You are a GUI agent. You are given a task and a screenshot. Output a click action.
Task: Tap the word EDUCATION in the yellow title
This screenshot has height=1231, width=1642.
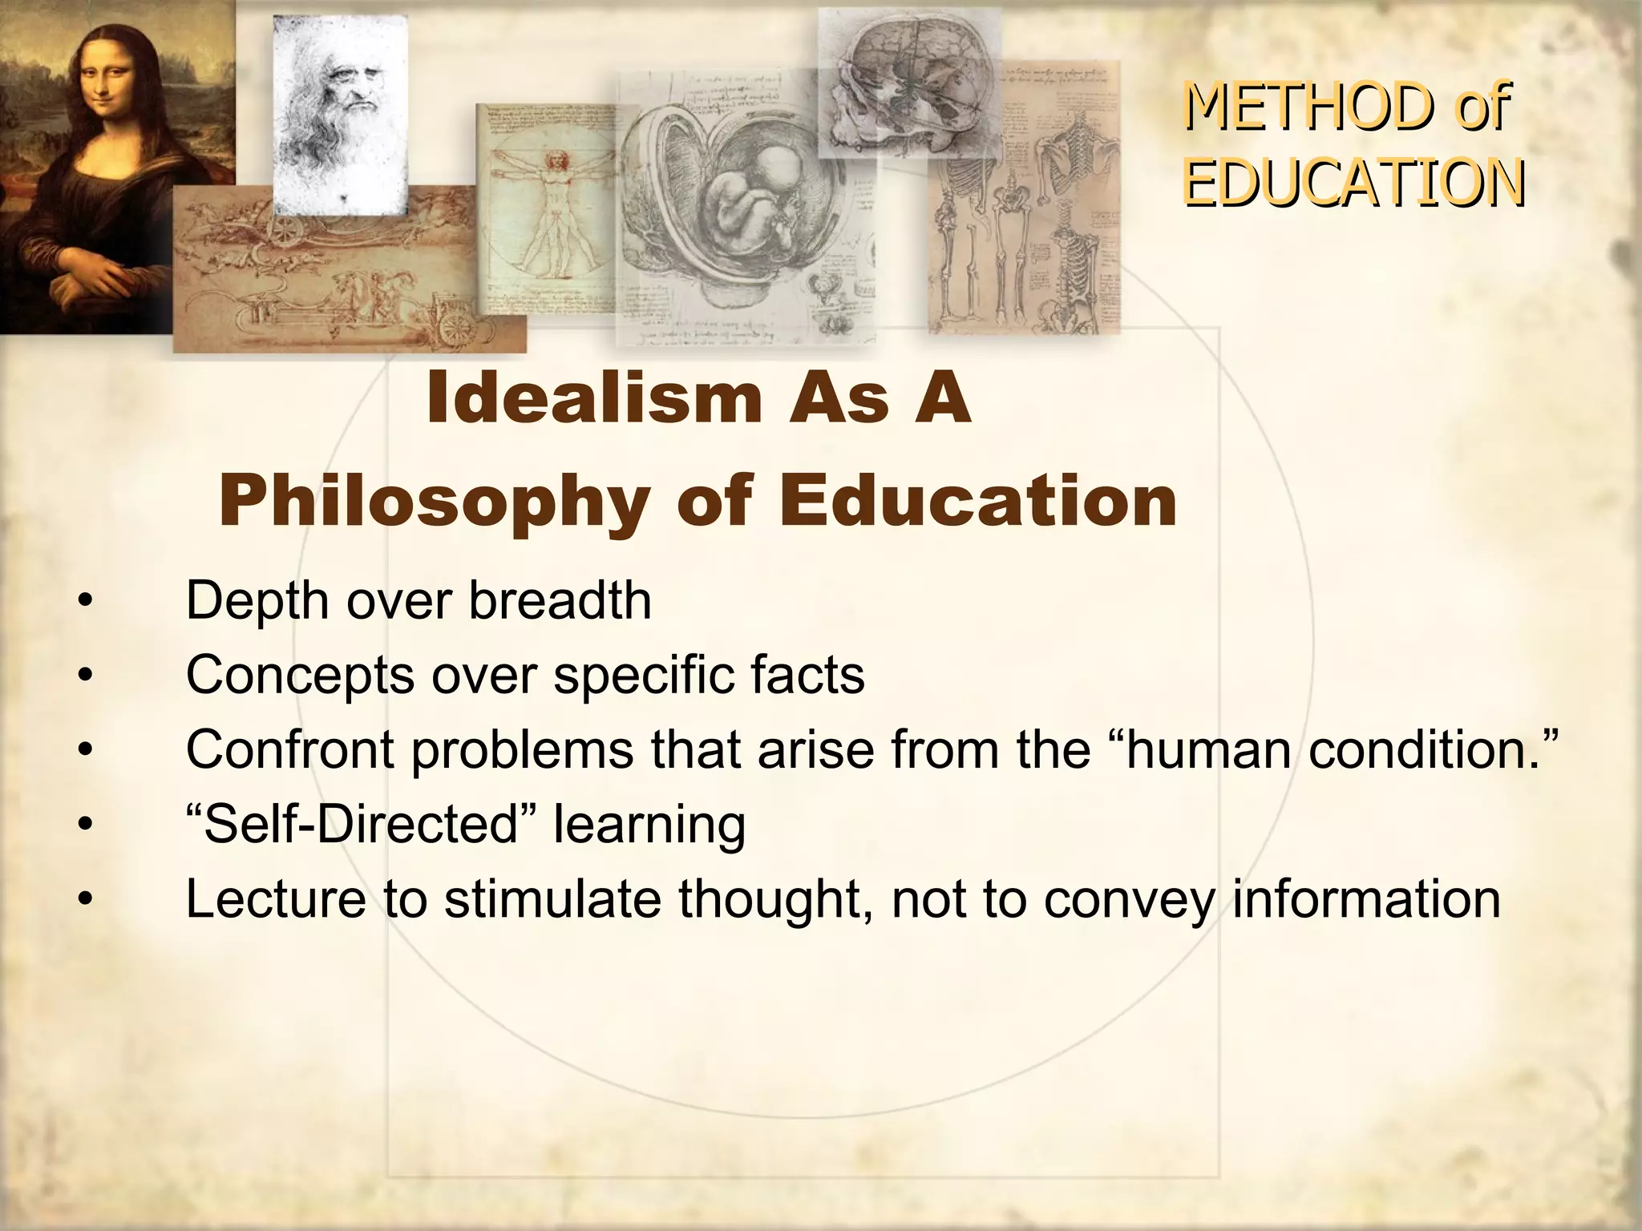click(x=1354, y=183)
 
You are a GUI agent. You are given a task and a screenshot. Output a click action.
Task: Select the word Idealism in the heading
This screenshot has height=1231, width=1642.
click(x=592, y=398)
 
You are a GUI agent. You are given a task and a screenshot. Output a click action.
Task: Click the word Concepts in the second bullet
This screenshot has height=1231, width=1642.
click(x=300, y=676)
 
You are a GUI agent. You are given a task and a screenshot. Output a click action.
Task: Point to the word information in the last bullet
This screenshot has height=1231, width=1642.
click(x=1365, y=898)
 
